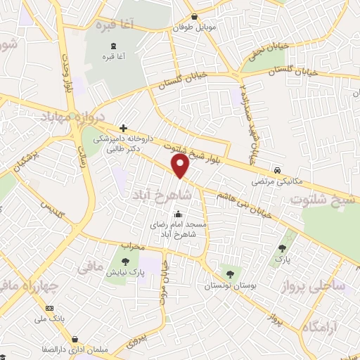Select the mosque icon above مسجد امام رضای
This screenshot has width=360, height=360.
tap(178, 214)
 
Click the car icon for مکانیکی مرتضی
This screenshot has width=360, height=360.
tap(278, 171)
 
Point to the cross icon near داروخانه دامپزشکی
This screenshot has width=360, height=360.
tap(124, 128)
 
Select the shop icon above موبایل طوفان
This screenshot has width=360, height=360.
tap(193, 17)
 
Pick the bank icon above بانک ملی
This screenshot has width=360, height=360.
tap(49, 309)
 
